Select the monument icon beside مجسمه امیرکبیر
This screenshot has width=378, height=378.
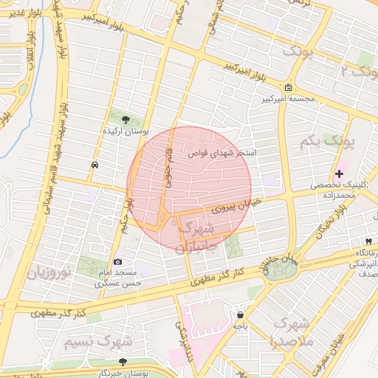coord(289,86)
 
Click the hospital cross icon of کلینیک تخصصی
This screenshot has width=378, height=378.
coord(339,174)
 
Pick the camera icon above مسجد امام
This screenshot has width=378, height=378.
coord(118,261)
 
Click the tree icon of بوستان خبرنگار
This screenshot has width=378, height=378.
coord(123,362)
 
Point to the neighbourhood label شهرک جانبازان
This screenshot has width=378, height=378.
coord(198,236)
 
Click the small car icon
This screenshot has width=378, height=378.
coord(95,165)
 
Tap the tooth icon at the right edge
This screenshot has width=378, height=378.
coord(368,241)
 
